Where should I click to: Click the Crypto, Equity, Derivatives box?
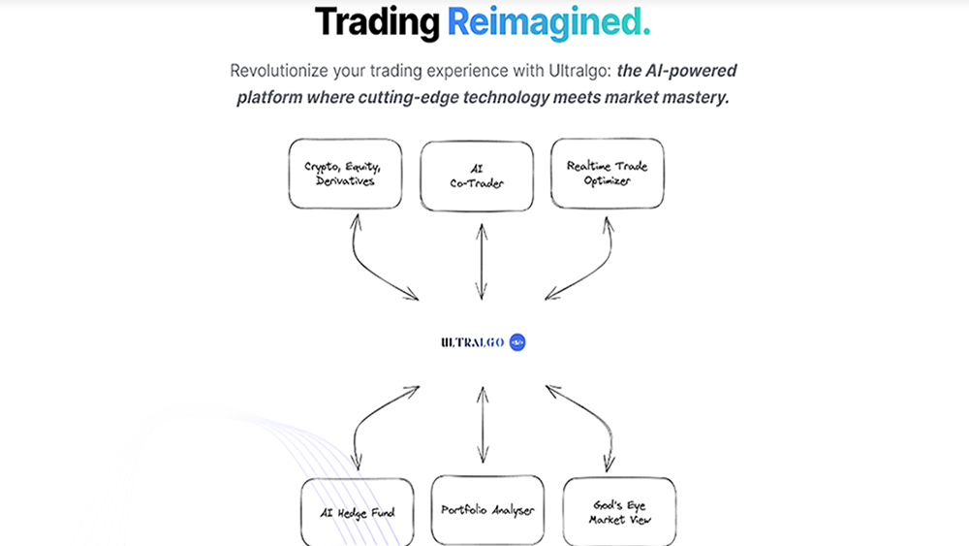tap(345, 175)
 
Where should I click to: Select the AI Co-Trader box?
tap(476, 175)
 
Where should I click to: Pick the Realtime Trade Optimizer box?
tap(607, 175)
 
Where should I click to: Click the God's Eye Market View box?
tap(618, 511)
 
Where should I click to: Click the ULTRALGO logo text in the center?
tap(471, 342)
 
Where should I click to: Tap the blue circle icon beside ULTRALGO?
tap(516, 342)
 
